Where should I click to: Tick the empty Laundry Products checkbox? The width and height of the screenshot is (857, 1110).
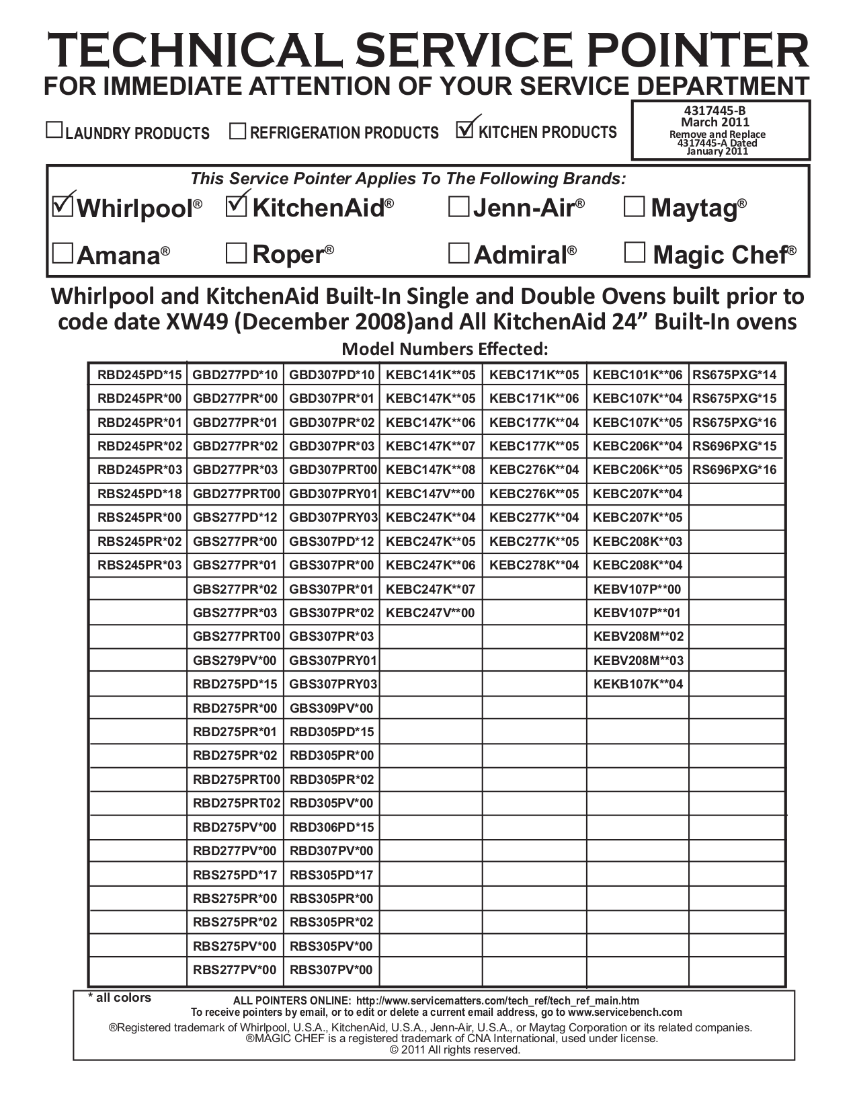pos(54,130)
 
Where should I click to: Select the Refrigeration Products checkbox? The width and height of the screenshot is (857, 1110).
pos(237,130)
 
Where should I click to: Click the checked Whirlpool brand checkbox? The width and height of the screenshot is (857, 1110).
pos(63,206)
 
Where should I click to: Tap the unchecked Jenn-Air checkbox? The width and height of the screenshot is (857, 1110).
pos(458,207)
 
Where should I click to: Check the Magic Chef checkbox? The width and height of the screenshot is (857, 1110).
pos(635,253)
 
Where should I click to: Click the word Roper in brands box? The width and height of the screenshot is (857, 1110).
pos(288,254)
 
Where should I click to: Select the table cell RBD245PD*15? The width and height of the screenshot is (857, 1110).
pos(139,375)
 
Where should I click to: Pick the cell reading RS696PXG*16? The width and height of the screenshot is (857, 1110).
pos(735,470)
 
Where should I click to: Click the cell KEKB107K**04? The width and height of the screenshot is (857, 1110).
pos(638,684)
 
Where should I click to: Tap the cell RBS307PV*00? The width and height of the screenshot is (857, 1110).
pos(331,970)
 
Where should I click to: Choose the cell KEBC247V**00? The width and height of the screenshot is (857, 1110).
pos(430,612)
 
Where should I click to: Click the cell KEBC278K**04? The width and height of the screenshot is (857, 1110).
pos(534,565)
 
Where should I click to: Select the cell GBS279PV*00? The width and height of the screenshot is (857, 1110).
pos(235,660)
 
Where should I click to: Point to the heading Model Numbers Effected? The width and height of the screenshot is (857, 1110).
pos(445,349)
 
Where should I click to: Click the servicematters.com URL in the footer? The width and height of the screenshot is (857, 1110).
pos(497,1000)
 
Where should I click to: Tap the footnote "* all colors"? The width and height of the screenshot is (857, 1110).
pos(120,998)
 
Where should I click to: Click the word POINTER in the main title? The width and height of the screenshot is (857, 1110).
pos(695,51)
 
